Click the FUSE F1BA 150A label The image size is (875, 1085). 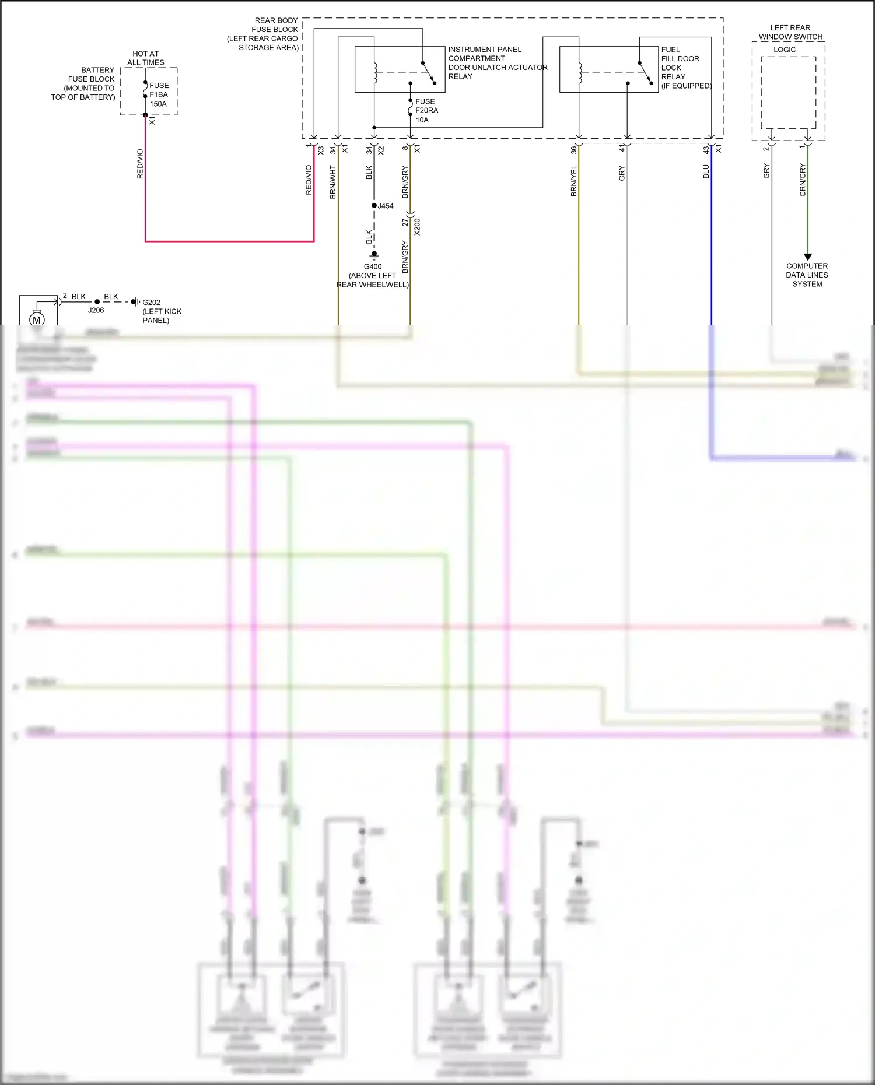coord(159,94)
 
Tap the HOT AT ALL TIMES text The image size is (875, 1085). coord(146,58)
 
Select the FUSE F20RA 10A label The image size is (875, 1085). coord(426,110)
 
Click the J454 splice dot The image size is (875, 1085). coord(374,206)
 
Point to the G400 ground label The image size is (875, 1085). coord(373,266)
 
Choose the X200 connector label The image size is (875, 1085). coord(417,227)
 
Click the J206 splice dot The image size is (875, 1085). coord(97,302)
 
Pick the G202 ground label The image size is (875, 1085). coord(151,302)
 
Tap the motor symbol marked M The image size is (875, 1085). coord(37,319)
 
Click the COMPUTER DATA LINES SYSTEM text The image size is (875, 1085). coord(807,275)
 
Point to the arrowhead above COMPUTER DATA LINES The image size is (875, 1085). coord(808,257)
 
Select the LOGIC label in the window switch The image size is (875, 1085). coord(785,50)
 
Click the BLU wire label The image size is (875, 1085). coord(706,171)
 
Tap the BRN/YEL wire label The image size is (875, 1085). coord(574,181)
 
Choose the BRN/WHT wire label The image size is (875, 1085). coord(333,182)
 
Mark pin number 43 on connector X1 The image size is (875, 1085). coord(706,150)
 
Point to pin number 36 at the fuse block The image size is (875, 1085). coord(574,150)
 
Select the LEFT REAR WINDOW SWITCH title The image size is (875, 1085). coord(790,32)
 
